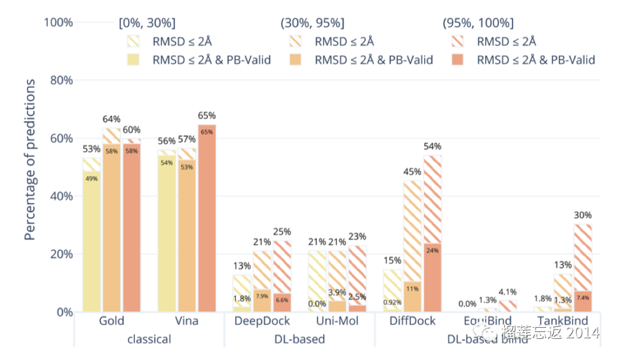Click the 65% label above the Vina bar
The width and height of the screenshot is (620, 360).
(x=207, y=116)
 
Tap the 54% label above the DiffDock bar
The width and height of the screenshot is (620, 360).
(x=432, y=146)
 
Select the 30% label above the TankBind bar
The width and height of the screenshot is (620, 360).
(x=582, y=215)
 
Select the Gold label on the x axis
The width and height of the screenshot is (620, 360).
(x=111, y=320)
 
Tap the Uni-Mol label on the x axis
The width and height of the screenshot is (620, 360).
(x=338, y=320)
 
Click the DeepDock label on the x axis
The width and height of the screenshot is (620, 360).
(x=262, y=320)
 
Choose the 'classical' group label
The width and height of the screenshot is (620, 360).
(x=149, y=339)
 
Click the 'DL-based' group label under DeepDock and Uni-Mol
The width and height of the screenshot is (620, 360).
(x=300, y=339)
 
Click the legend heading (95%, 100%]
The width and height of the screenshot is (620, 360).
(x=478, y=24)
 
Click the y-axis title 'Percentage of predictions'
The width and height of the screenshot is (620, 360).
(x=30, y=160)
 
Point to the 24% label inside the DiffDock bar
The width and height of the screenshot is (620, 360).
(x=432, y=250)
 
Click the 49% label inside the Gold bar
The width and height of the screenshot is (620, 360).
(x=91, y=179)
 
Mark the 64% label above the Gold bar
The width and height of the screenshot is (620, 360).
(x=111, y=119)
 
